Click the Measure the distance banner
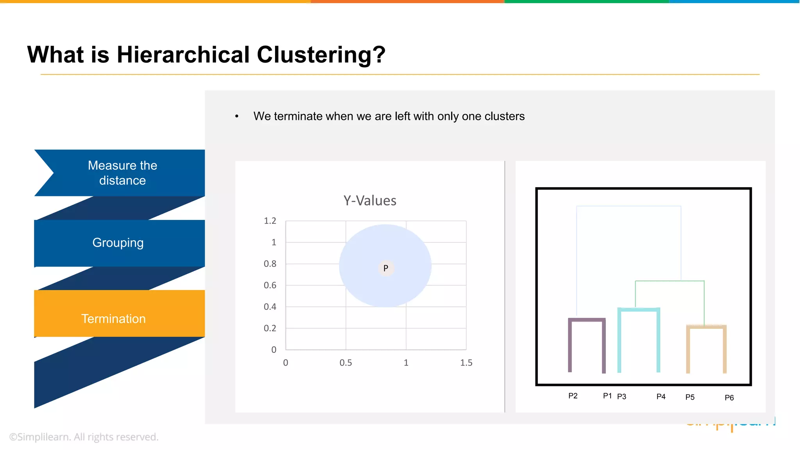click(x=122, y=173)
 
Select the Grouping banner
click(x=118, y=243)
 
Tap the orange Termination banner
click(x=114, y=318)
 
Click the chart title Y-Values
click(x=370, y=200)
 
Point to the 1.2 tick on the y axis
click(x=270, y=221)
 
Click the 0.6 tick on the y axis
click(x=270, y=285)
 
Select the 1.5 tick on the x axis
click(x=466, y=362)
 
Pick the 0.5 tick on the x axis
click(x=346, y=362)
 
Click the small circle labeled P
click(x=386, y=268)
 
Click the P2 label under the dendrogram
click(x=573, y=396)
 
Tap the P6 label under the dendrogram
click(x=729, y=398)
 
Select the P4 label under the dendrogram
click(x=661, y=396)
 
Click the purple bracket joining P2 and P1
click(x=587, y=320)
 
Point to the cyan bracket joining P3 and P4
click(x=639, y=310)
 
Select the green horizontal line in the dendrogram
click(x=670, y=281)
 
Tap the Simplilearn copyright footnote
click(x=84, y=437)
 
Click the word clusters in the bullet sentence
click(x=504, y=116)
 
